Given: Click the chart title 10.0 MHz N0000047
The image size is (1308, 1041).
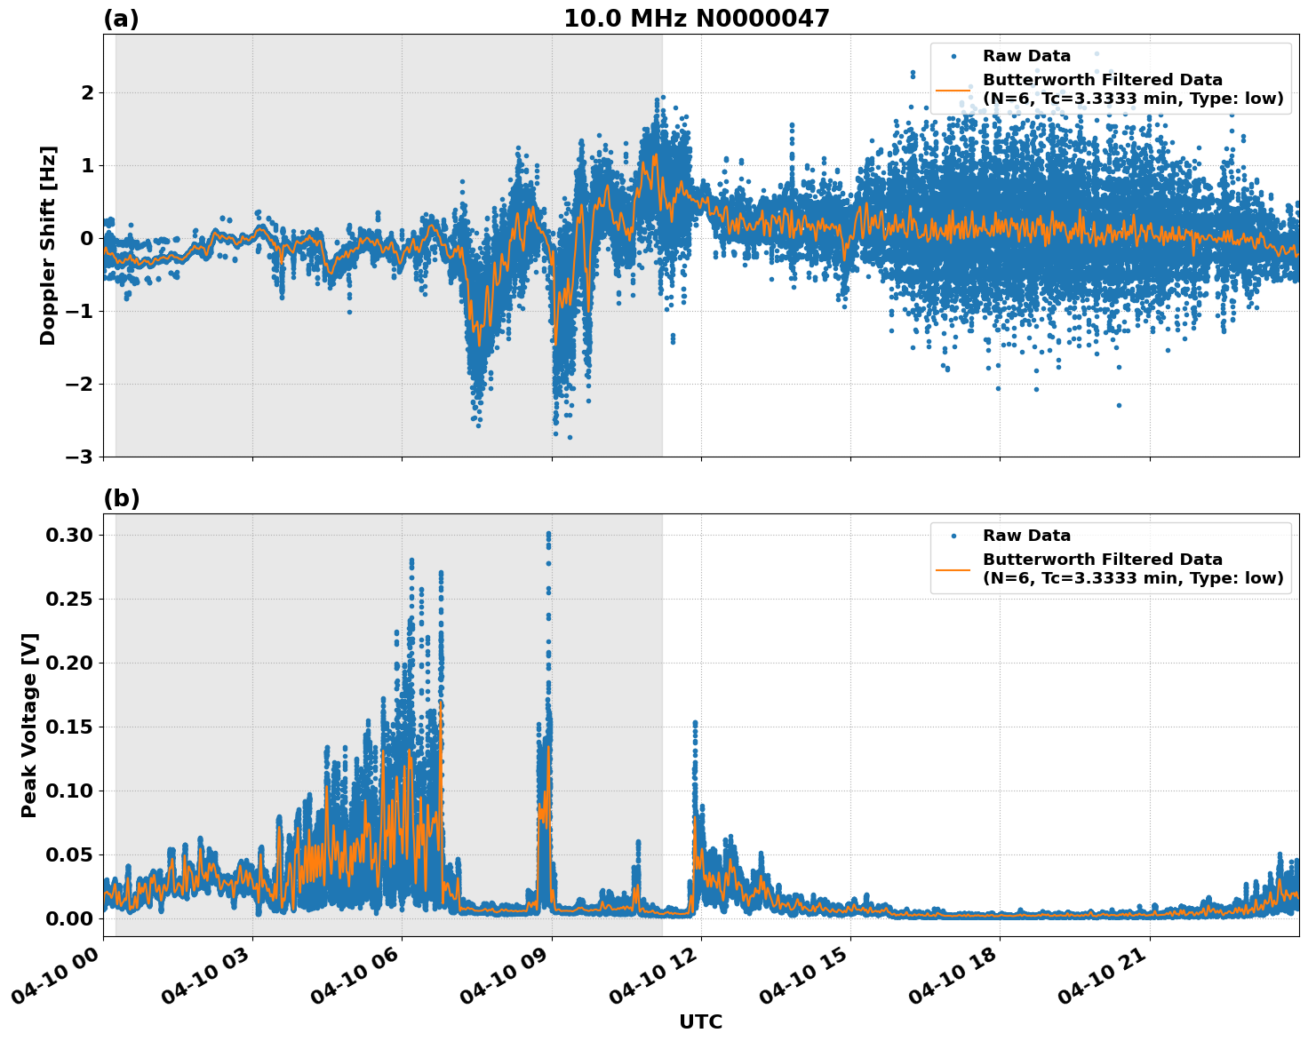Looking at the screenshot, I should (696, 19).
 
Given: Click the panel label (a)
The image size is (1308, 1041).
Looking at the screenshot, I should (121, 19).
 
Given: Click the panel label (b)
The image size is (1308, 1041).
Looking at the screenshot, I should (121, 498).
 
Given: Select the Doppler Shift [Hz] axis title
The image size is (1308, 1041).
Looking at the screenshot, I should (48, 245).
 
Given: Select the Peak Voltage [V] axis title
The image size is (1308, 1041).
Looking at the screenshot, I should (30, 725).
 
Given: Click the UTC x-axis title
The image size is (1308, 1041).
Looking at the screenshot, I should (700, 1021).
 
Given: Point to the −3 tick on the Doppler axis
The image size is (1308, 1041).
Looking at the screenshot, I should (80, 457).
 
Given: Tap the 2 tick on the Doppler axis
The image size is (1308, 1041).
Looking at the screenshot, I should (87, 92).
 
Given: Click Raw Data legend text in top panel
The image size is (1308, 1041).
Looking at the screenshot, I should (1026, 56).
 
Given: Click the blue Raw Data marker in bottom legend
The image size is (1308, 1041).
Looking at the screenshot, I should (953, 536).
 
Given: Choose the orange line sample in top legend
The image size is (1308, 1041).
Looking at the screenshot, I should (953, 90).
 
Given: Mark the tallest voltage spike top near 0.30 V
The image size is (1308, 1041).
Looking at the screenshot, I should (548, 534).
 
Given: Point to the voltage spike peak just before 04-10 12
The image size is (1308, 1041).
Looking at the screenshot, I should (695, 723).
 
